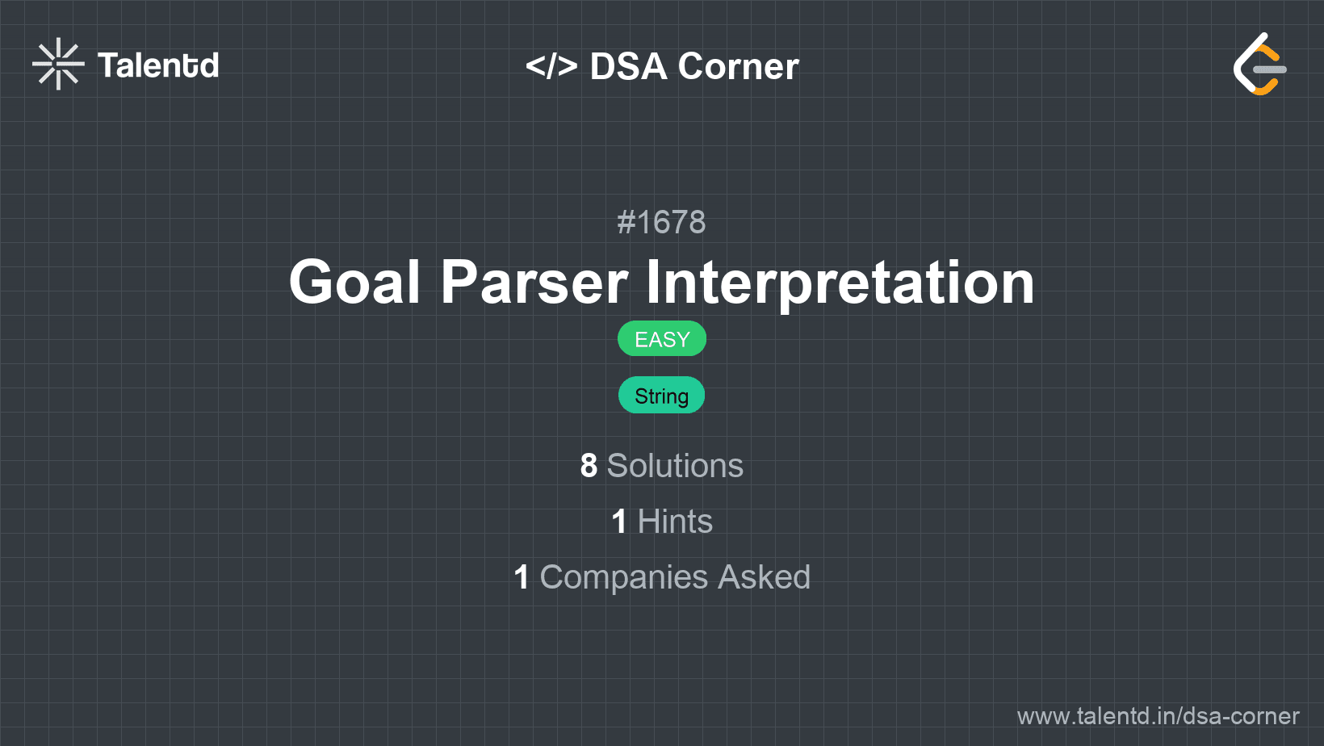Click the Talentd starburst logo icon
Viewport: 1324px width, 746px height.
click(58, 64)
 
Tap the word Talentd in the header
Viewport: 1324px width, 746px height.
click(157, 65)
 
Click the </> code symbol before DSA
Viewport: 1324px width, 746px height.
click(551, 65)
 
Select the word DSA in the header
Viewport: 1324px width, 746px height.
click(628, 66)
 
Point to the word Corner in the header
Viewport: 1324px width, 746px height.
click(738, 66)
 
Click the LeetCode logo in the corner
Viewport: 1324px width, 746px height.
click(1259, 64)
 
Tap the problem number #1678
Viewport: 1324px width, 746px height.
click(661, 222)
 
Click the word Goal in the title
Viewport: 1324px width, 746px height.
click(354, 282)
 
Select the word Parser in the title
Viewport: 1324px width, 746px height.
click(534, 282)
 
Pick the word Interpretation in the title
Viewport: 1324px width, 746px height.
click(840, 283)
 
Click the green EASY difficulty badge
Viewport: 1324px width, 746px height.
click(662, 339)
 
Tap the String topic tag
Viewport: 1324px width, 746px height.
click(661, 396)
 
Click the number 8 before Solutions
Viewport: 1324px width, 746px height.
click(589, 466)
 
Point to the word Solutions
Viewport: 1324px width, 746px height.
click(675, 466)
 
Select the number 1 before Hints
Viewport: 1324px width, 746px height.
click(619, 522)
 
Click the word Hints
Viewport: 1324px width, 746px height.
click(675, 522)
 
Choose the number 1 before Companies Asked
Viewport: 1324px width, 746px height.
click(522, 577)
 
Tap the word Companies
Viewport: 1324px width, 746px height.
click(623, 577)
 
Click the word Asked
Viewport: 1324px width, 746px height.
click(765, 577)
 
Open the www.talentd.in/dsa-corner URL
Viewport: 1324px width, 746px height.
click(1158, 716)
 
